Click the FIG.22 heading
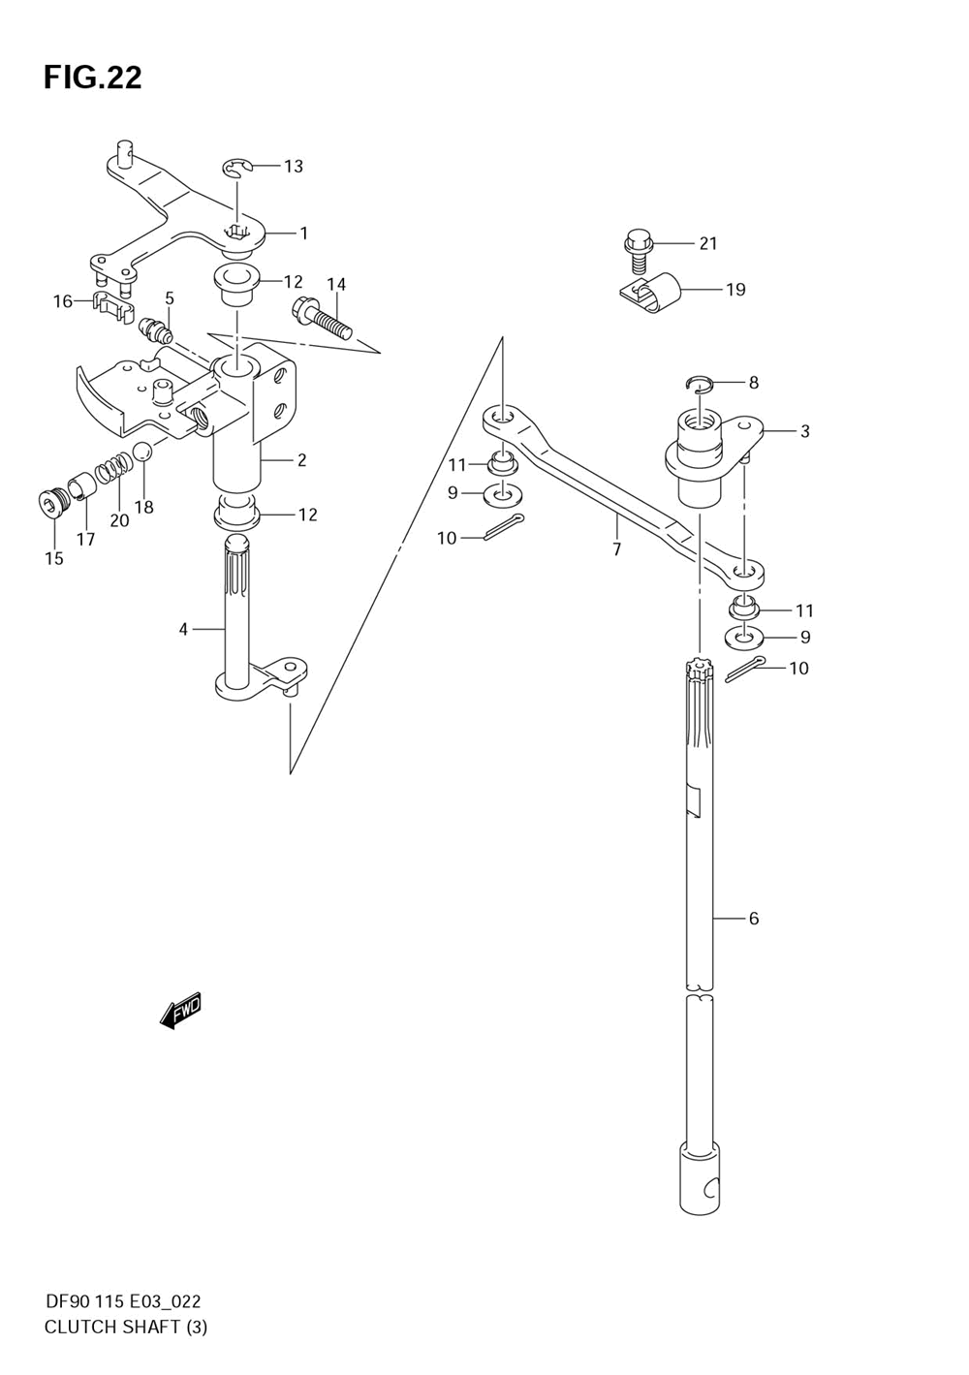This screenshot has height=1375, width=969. pos(93,78)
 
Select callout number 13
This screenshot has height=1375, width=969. pos(293,166)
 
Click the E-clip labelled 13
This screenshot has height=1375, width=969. pos(235,170)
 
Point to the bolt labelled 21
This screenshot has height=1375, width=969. pos(636,249)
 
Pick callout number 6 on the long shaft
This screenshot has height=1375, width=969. pos(753,918)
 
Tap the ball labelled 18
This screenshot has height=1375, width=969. pos(141,453)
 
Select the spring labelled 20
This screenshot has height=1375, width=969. pos(112,468)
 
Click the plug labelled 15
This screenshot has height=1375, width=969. pos(48,504)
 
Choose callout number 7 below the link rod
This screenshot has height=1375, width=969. pos(616,550)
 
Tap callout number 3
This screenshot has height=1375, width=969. pos(804,431)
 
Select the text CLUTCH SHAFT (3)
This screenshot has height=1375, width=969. pos(126,1327)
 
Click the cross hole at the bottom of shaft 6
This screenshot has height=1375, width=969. pos(711,1187)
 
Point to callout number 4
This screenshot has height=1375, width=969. pos(182,630)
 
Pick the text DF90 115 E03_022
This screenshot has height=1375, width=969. pos(122,1301)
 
